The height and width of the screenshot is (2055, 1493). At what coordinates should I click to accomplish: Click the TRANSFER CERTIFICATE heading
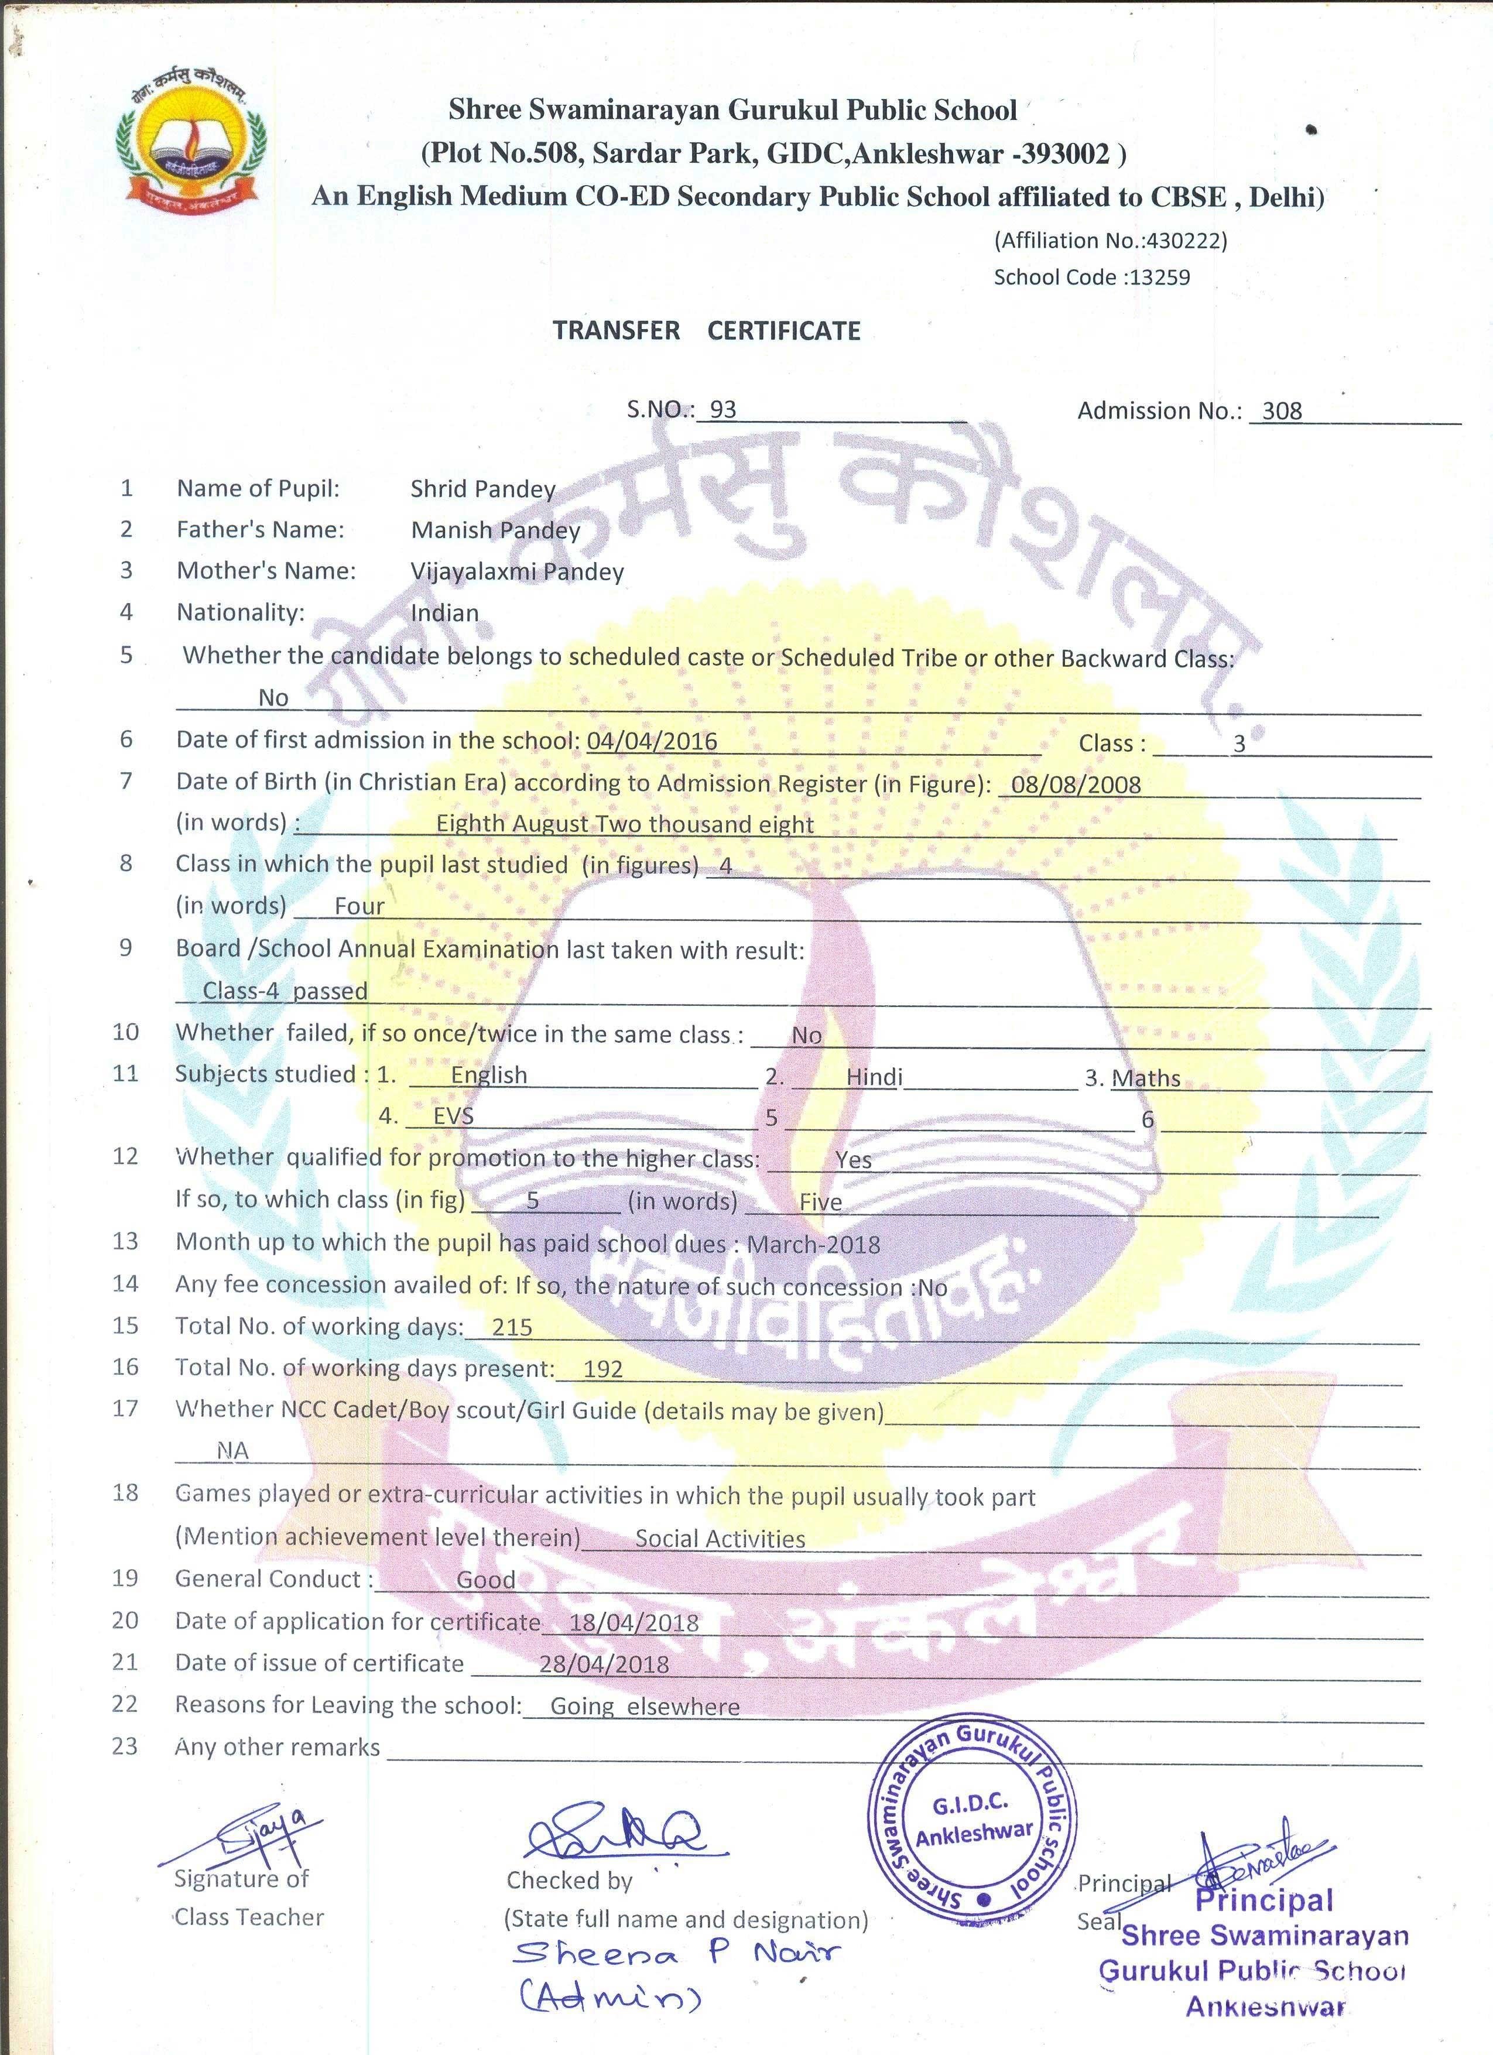(707, 331)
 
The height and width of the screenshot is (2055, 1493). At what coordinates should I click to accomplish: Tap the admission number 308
(1282, 412)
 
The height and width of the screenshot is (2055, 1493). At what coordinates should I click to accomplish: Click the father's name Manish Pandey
(495, 530)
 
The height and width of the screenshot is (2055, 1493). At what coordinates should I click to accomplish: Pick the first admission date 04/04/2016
(652, 741)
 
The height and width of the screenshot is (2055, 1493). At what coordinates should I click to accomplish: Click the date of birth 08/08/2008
(1076, 785)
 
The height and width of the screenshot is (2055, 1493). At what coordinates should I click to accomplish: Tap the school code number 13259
(1160, 278)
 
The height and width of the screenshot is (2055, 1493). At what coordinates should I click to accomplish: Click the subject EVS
(453, 1116)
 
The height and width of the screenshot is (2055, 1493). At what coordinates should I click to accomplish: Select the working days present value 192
(602, 1369)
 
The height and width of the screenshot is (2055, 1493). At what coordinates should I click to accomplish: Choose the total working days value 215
(512, 1327)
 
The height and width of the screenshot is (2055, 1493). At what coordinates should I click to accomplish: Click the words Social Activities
(720, 1539)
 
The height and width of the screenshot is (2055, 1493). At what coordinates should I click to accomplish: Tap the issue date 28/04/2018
(604, 1664)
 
